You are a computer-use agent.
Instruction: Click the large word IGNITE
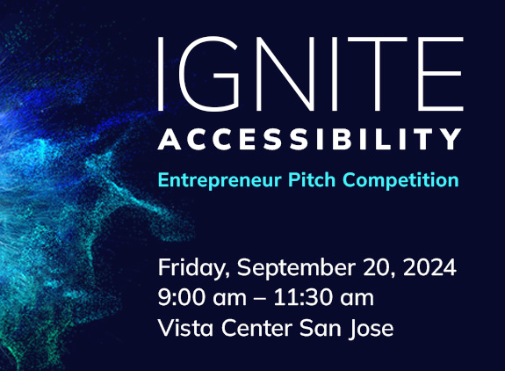pyautogui.click(x=309, y=69)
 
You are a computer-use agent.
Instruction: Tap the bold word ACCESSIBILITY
pyautogui.click(x=309, y=139)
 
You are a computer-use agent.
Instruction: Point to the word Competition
pyautogui.click(x=401, y=180)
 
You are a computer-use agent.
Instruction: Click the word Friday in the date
pyautogui.click(x=189, y=267)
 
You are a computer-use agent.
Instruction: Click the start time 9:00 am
pyautogui.click(x=198, y=298)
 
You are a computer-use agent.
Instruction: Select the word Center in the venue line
pyautogui.click(x=250, y=329)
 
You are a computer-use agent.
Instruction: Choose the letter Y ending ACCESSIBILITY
pyautogui.click(x=451, y=139)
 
